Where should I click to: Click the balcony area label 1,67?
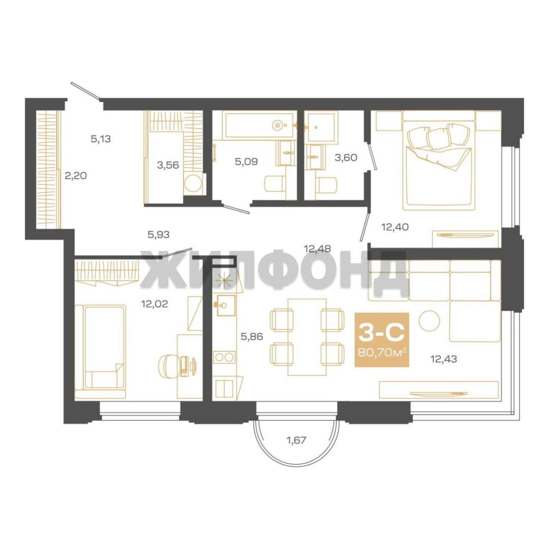pos(296,440)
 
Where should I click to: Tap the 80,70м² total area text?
pos(382,352)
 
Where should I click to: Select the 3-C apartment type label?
pos(382,332)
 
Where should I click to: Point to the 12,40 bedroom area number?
pos(395,227)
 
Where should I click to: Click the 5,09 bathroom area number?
pos(246,162)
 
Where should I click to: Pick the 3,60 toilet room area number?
pos(346,158)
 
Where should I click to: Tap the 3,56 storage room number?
pos(168,165)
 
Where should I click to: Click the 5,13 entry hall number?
pos(101,139)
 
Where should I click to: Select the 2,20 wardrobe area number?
pos(76,175)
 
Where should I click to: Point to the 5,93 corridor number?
pos(159,234)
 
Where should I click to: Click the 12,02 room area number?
pos(155,304)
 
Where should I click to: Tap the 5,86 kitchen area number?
pos(252,337)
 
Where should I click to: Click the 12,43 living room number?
pos(444,359)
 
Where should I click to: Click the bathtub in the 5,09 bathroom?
pos(259,125)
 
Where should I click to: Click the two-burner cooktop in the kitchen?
pos(224,357)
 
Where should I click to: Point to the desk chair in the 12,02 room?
pos(169,366)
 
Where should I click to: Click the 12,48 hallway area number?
pos(318,249)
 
